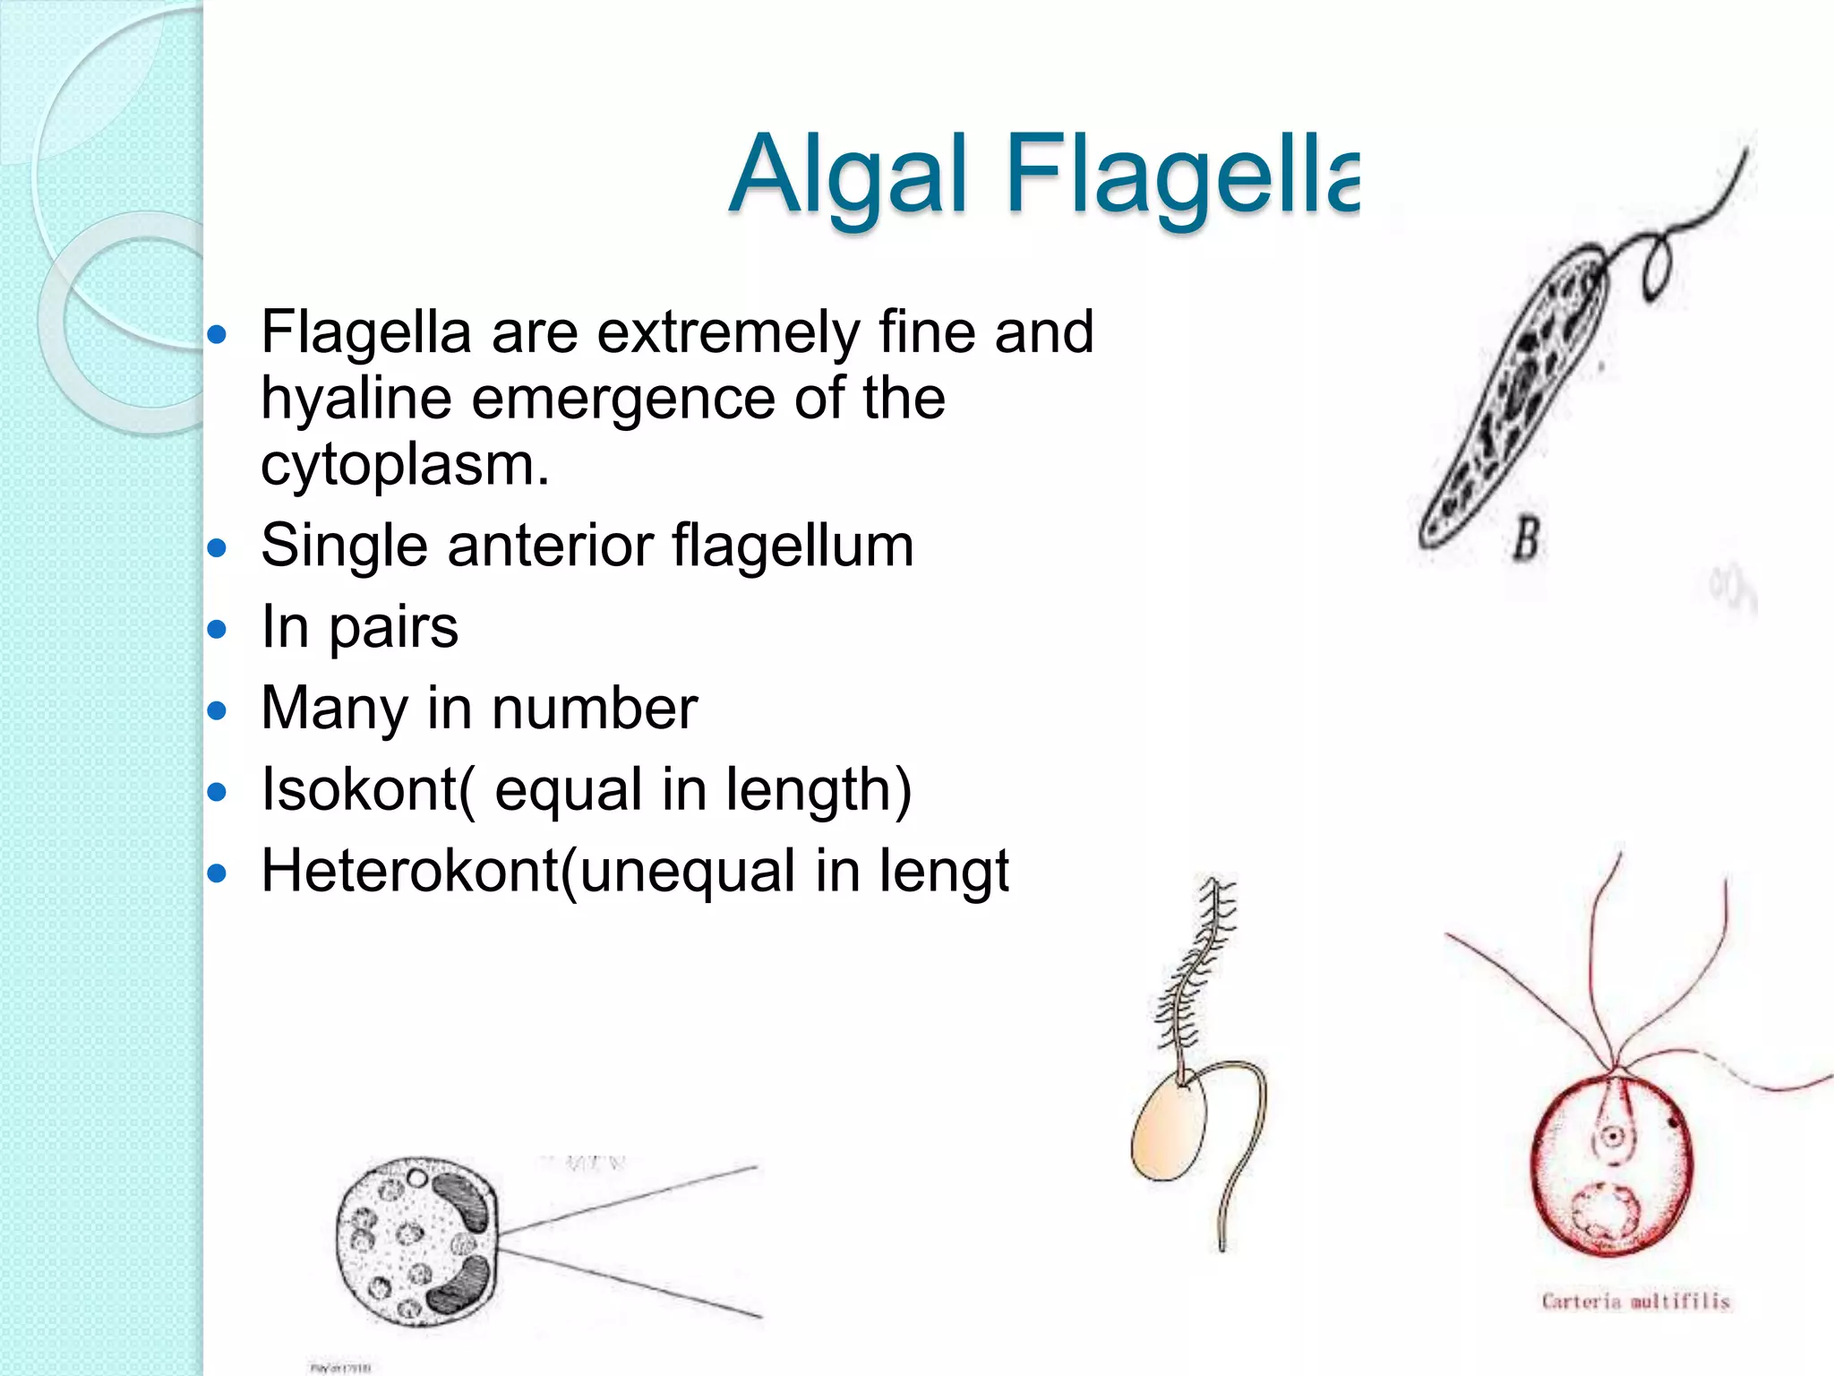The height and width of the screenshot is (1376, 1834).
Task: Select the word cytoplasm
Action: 404,465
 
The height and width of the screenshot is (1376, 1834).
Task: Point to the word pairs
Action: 393,628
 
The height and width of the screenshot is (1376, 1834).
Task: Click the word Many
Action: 333,709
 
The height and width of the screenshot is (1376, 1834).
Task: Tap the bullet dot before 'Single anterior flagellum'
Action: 218,548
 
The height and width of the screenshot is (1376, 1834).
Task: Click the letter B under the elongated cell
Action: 1526,539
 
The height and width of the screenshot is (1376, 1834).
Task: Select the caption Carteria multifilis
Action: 1635,1301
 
